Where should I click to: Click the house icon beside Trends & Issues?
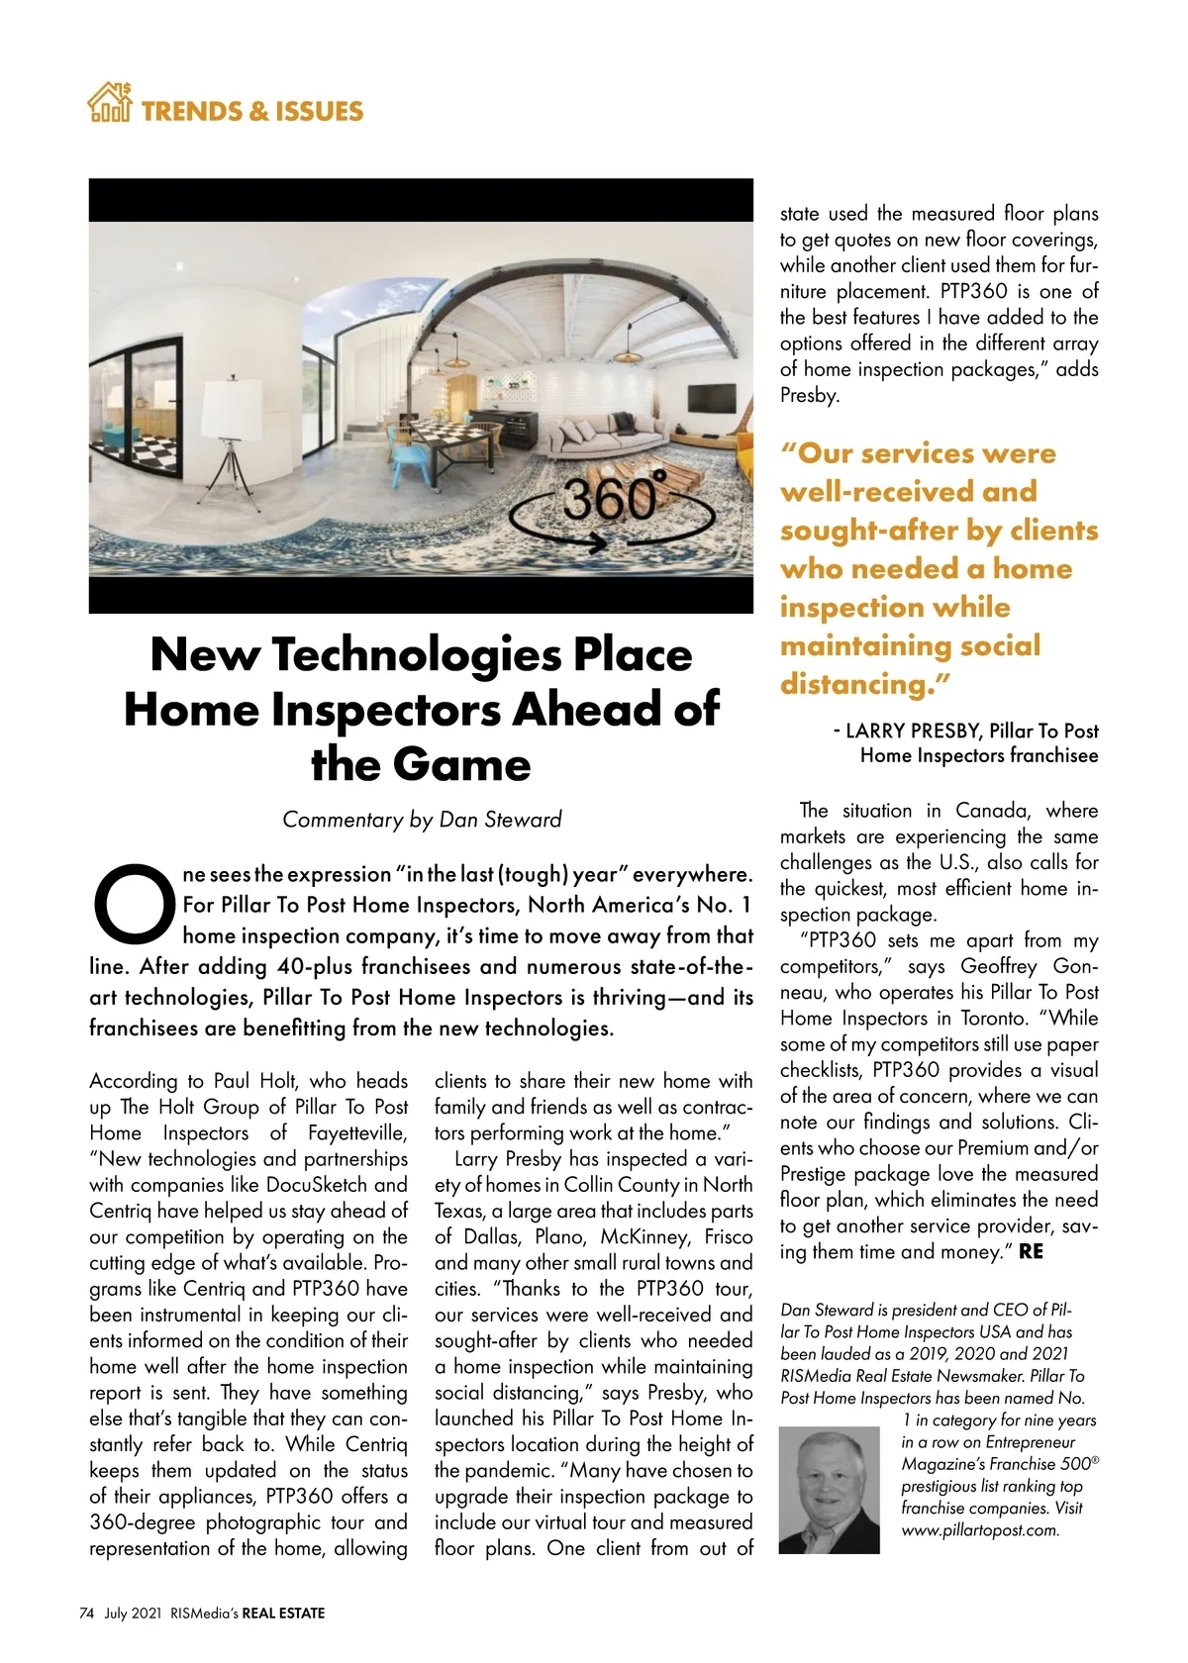point(109,103)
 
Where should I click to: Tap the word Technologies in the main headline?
point(415,654)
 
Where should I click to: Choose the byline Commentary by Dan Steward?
point(422,820)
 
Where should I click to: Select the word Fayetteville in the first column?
point(357,1132)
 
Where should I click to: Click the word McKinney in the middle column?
point(643,1236)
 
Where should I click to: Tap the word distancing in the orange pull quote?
point(859,684)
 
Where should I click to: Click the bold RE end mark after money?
point(1030,1251)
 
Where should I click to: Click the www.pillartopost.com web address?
point(980,1529)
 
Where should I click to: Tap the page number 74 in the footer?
point(86,1613)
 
